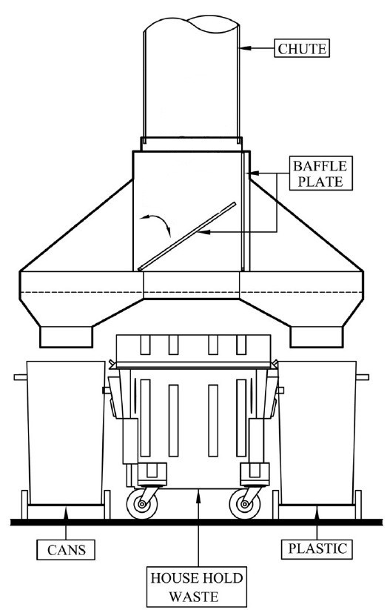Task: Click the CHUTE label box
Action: (302, 48)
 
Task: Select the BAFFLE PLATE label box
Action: (320, 173)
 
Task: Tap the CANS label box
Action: (66, 550)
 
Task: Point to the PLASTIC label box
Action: (317, 548)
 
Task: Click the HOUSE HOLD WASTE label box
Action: (197, 587)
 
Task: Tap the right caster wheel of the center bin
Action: (244, 505)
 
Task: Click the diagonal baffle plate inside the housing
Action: (187, 236)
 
